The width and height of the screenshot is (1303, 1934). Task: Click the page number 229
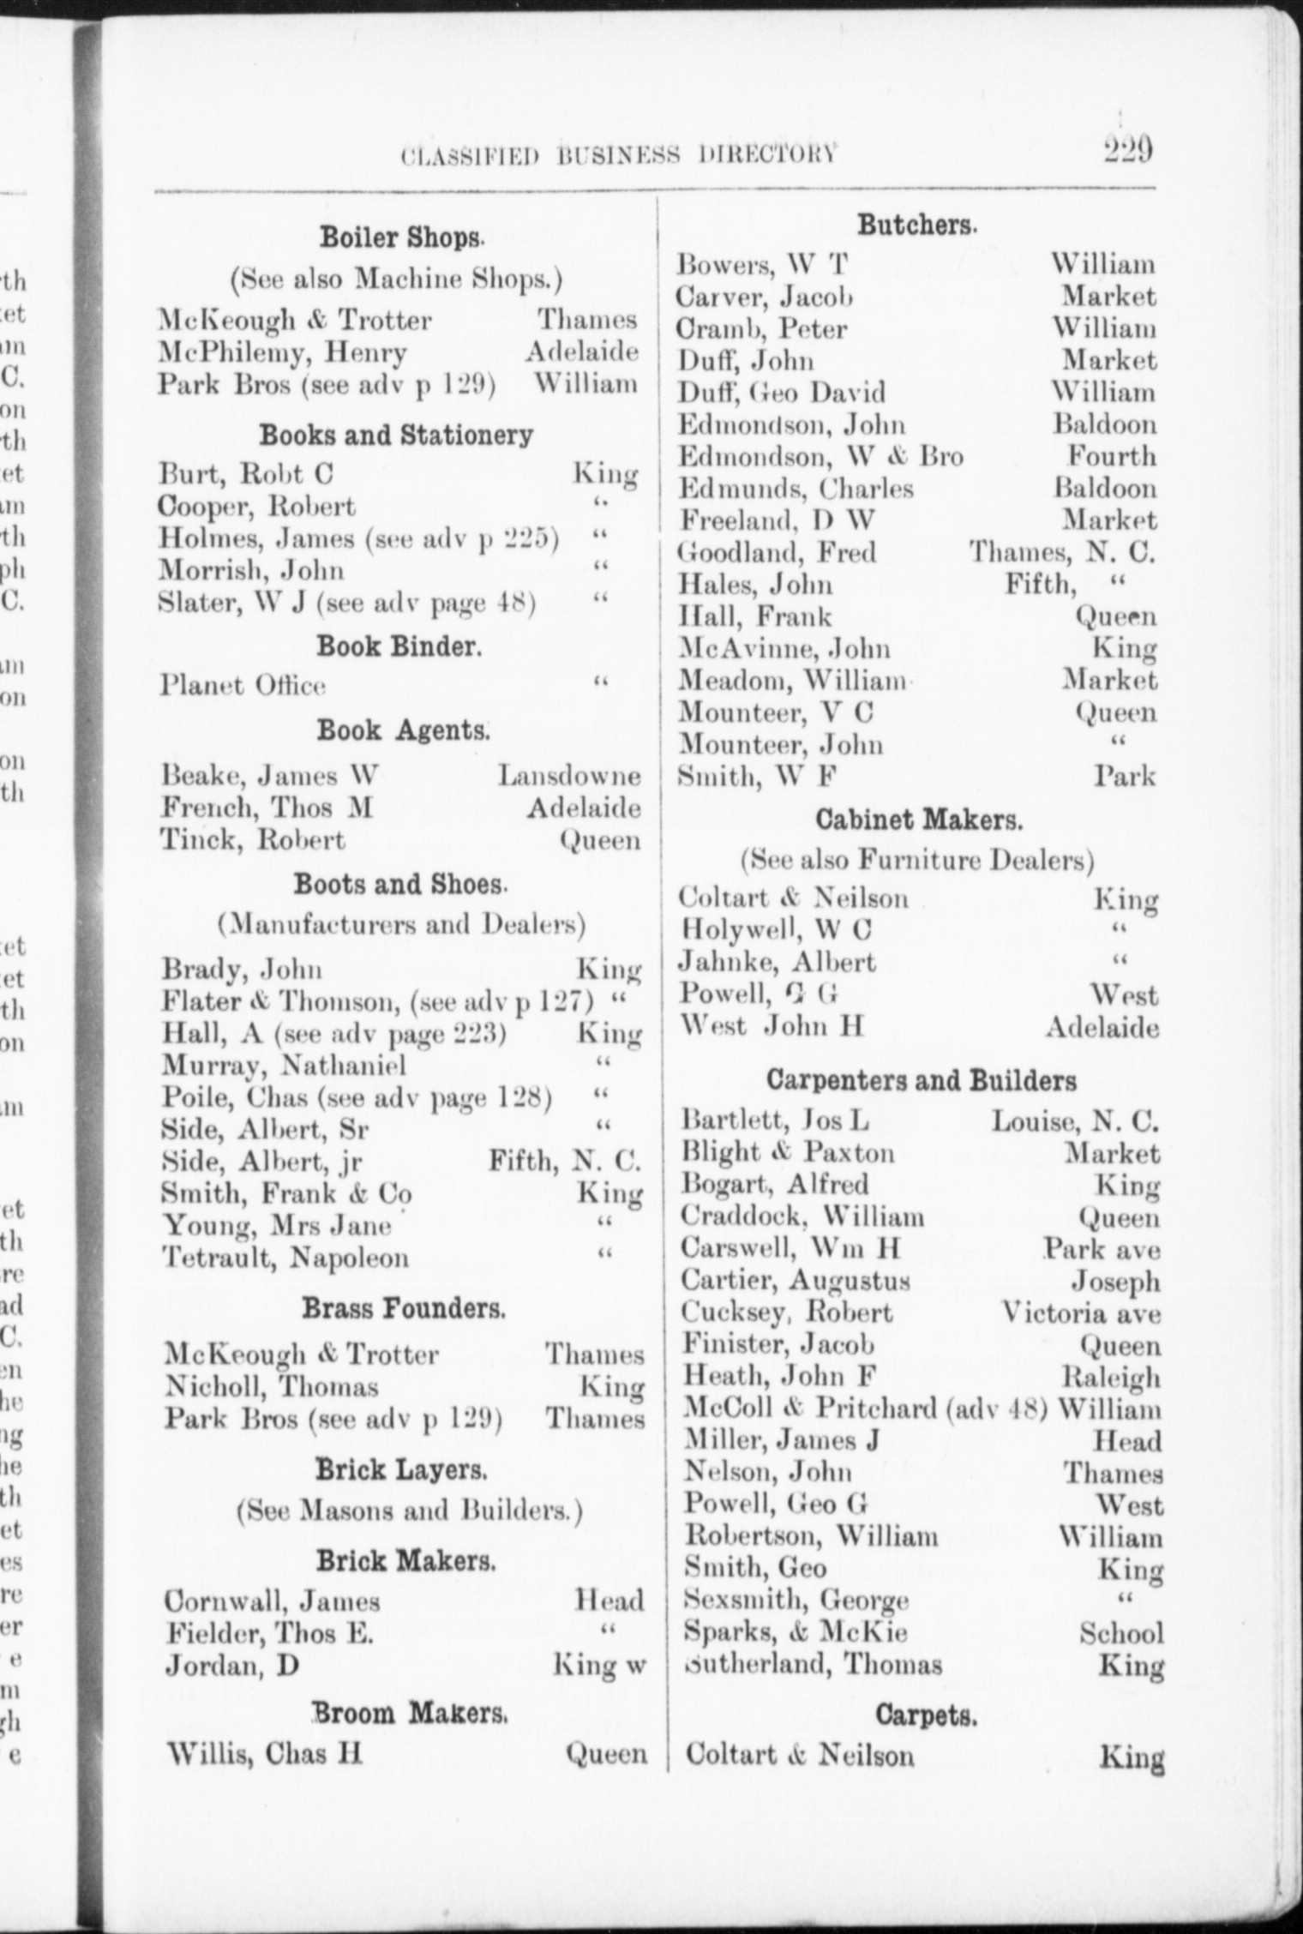pos(1127,151)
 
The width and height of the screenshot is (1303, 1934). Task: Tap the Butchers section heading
pos(917,225)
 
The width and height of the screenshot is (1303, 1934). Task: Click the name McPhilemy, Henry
pos(283,352)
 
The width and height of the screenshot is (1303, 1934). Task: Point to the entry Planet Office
pos(243,686)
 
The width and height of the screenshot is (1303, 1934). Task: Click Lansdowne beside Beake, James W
pos(569,776)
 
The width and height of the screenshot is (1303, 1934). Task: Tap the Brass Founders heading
pos(404,1309)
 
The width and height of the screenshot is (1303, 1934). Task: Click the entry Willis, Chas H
pos(265,1754)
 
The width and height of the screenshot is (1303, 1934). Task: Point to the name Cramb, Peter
pos(762,329)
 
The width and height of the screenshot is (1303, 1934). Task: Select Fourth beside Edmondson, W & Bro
pos(1111,456)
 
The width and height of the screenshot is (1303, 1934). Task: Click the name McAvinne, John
pos(784,649)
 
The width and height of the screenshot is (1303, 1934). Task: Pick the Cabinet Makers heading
pos(919,820)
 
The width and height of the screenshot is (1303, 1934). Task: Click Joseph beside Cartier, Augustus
pos(1115,1282)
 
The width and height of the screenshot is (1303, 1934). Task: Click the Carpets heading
pos(926,1715)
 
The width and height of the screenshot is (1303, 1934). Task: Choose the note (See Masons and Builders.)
pos(410,1510)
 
